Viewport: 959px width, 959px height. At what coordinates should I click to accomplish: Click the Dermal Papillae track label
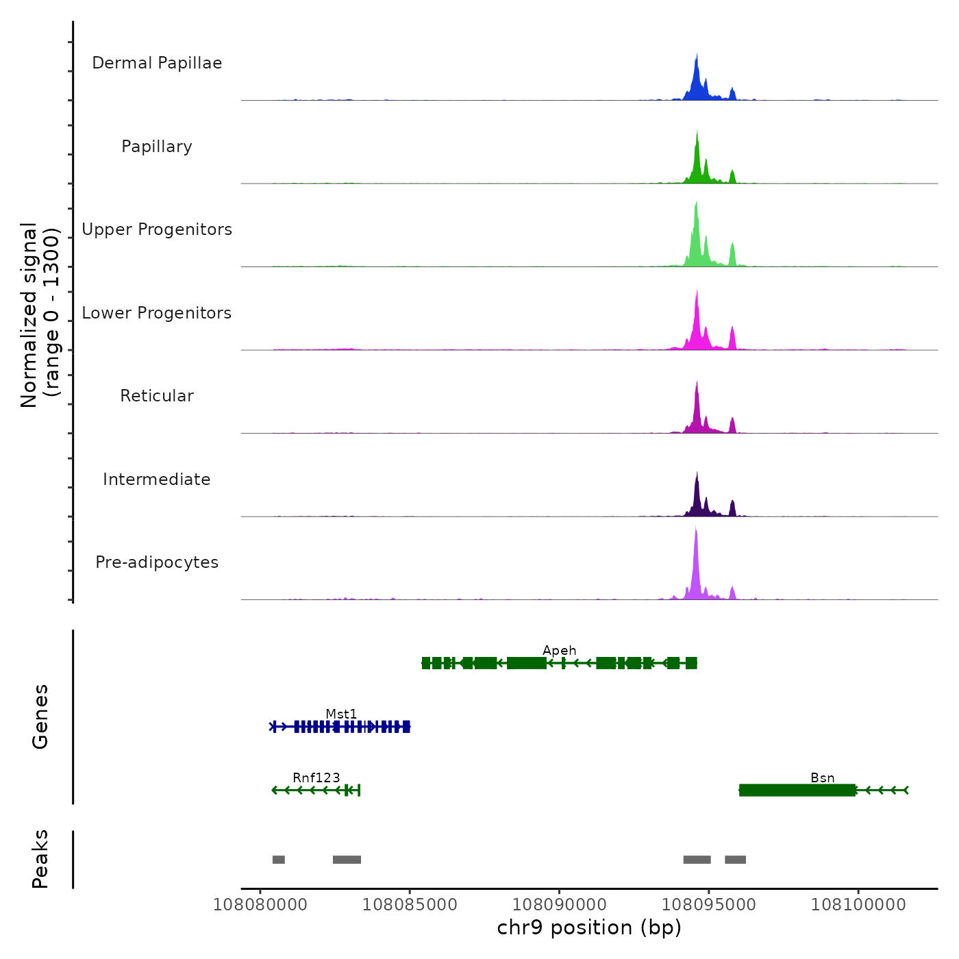click(157, 63)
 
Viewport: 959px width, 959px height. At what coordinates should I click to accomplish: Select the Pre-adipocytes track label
click(157, 562)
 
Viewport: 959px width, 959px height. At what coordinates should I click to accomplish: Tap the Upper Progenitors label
click(157, 229)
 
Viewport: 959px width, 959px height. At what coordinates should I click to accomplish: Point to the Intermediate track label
click(157, 480)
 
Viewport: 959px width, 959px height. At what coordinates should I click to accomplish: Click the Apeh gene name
click(559, 651)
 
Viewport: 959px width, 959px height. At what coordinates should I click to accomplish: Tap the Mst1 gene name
click(341, 714)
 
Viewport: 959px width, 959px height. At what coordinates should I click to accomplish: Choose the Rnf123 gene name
click(316, 778)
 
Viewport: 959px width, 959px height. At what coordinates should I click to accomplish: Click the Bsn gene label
click(822, 778)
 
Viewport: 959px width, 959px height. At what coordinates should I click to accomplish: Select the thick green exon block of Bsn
click(797, 790)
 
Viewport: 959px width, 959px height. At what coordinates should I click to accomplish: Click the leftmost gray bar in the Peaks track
click(278, 860)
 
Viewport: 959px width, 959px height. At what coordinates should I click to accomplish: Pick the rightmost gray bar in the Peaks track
click(735, 860)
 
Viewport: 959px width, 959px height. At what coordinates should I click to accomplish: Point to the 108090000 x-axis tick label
click(559, 905)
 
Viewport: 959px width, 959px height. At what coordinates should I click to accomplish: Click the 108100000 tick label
click(858, 905)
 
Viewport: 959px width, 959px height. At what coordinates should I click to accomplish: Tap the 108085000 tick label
click(410, 905)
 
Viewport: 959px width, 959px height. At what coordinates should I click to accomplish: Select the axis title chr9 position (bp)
click(589, 928)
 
